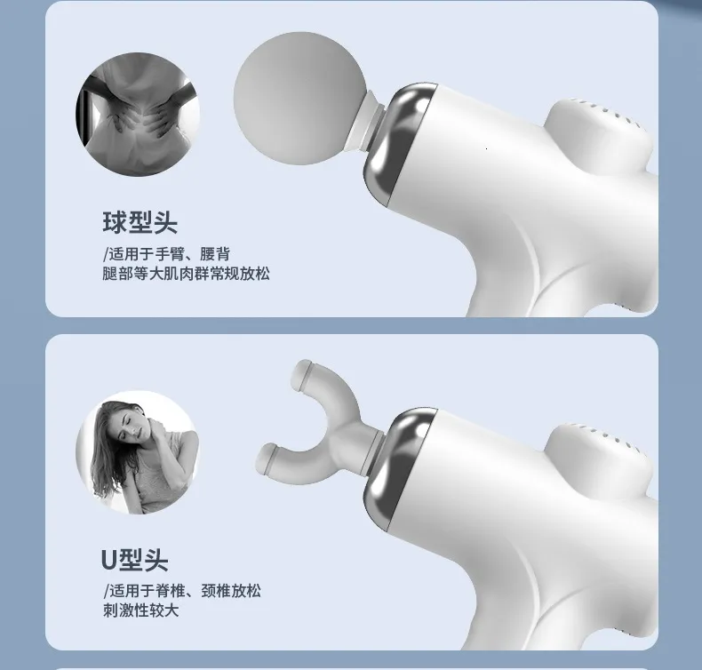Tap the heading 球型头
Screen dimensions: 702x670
(x=140, y=222)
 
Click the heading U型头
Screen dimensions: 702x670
(x=135, y=560)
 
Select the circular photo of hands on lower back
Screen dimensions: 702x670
(x=138, y=114)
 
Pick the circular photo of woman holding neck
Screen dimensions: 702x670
(x=138, y=452)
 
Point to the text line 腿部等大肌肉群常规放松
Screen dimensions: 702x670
(x=187, y=274)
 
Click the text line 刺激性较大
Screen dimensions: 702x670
(x=141, y=610)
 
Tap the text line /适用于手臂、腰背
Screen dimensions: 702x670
(x=166, y=254)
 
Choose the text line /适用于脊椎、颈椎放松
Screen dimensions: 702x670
(x=182, y=591)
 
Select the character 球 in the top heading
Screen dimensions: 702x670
(x=115, y=222)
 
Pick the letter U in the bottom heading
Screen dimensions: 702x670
(x=109, y=560)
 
